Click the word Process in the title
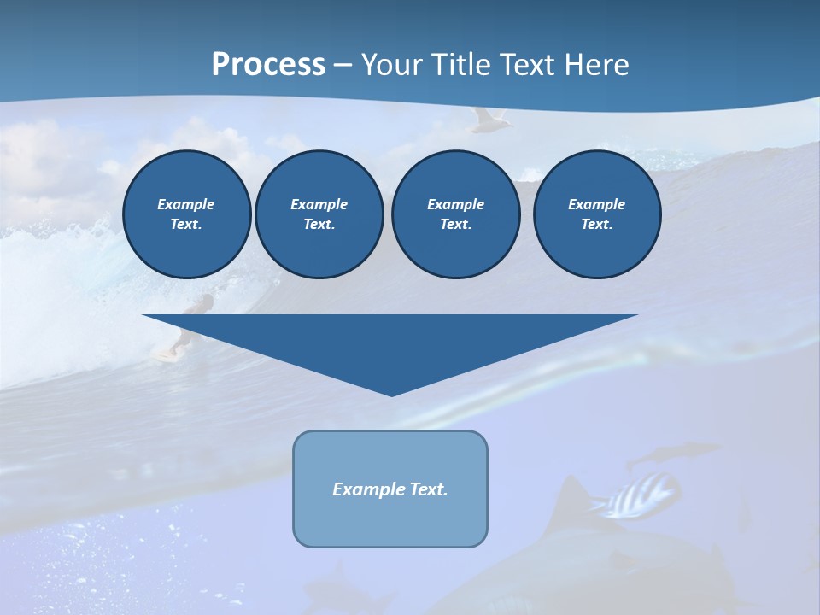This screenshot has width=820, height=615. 268,64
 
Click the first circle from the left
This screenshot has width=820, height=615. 187,214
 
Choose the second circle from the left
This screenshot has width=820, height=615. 319,214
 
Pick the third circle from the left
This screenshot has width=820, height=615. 456,214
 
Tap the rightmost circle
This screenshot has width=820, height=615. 597,214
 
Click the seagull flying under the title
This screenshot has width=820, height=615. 491,120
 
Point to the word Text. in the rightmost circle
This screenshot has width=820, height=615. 596,225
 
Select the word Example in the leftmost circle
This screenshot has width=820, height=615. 186,204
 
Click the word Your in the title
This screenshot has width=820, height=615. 389,64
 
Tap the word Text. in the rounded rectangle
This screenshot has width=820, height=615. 428,489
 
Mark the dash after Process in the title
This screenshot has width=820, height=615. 343,65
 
